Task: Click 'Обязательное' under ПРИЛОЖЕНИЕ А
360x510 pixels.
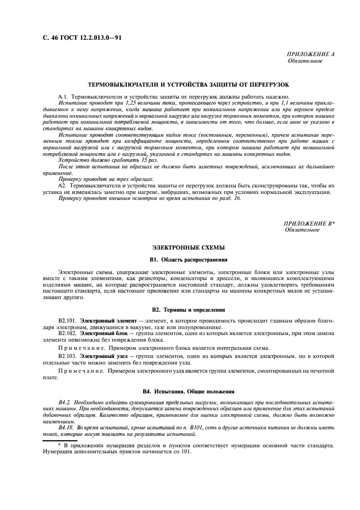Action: tap(305, 61)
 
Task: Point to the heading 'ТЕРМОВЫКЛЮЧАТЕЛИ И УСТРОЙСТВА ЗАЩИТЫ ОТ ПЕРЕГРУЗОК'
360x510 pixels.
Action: tap(188, 85)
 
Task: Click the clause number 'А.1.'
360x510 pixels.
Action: tap(65, 96)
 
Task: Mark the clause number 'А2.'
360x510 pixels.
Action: tap(64, 186)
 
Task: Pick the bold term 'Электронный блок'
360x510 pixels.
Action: tap(100, 332)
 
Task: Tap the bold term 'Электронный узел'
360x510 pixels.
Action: tap(100, 355)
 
